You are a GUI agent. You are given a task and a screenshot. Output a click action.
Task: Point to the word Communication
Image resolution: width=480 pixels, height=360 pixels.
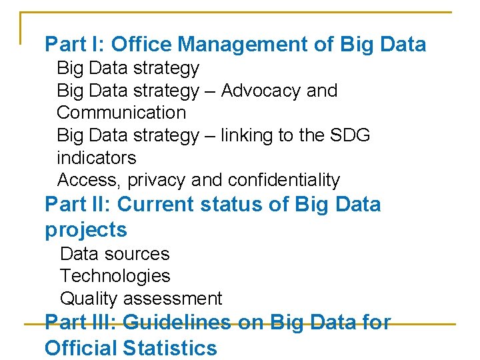click(x=121, y=113)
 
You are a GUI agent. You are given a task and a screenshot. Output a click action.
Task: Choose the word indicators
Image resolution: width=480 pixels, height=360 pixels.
click(x=97, y=158)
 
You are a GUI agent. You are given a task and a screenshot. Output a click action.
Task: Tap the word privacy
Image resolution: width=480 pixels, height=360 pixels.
click(x=157, y=181)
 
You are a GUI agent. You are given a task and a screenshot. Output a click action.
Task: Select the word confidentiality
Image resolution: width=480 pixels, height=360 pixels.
click(x=284, y=180)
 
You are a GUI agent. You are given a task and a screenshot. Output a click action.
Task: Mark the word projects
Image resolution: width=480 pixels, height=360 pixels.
click(x=85, y=231)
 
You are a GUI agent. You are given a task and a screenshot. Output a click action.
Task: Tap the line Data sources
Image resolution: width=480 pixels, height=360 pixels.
click(x=115, y=254)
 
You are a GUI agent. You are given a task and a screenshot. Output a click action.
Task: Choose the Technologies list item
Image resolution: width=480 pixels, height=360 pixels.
click(x=115, y=276)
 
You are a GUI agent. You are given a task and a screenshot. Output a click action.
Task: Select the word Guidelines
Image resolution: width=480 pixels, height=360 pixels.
click(x=177, y=323)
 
